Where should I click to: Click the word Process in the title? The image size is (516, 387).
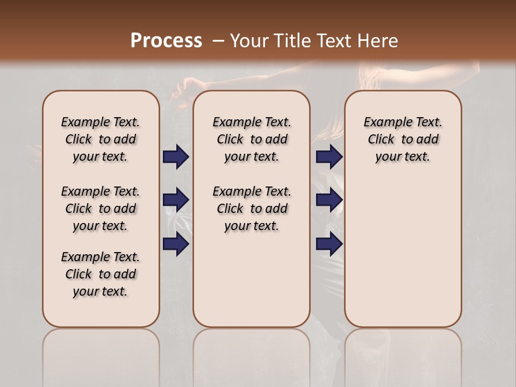coord(166,41)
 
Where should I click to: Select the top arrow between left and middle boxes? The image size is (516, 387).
coord(176,157)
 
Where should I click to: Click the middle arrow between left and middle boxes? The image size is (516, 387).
coord(176,200)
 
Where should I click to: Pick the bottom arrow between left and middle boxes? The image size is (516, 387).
coord(176,244)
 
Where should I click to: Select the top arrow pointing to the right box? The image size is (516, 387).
coord(329,157)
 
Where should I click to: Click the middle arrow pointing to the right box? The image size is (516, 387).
coord(329,200)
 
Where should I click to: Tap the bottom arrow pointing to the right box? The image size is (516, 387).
coord(329,244)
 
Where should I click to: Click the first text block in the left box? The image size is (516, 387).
coord(101,139)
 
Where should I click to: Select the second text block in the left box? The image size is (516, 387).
coord(101,209)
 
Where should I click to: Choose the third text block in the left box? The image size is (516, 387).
coord(101,274)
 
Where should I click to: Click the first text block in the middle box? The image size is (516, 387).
coord(252,139)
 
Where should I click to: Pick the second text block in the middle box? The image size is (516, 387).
coord(252,209)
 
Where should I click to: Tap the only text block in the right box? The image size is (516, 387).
coord(403,139)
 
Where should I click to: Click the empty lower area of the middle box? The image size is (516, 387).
coord(252,279)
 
